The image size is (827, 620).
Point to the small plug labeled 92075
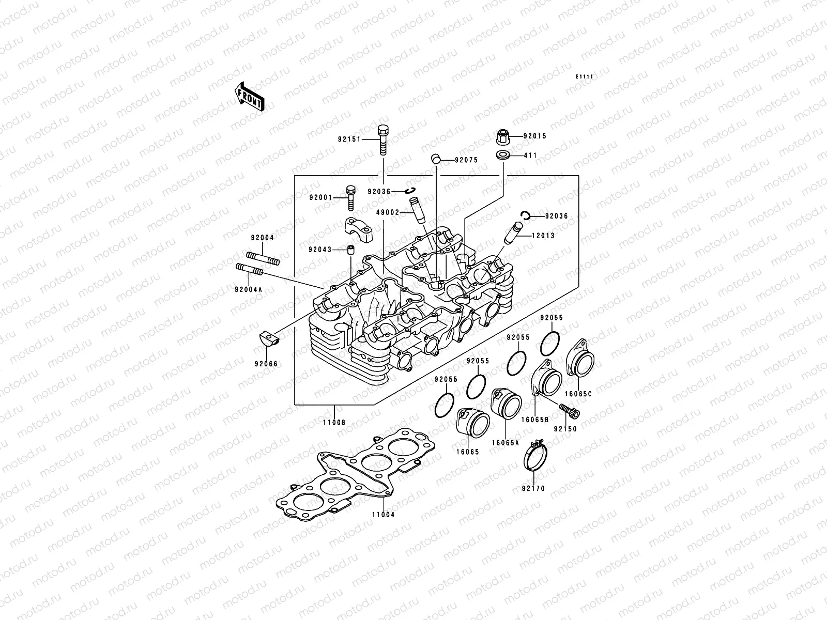(436, 159)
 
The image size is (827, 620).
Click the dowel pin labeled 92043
(350, 251)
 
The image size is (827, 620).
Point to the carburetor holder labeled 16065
(472, 424)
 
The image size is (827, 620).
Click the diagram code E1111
(585, 77)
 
